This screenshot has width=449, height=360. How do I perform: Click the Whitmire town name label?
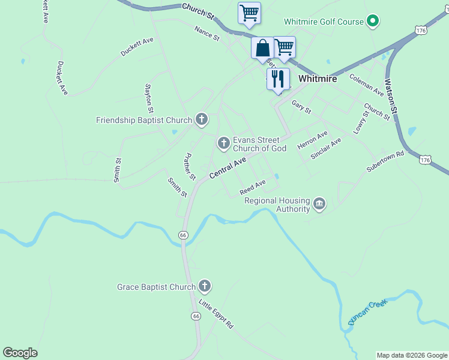point(318,79)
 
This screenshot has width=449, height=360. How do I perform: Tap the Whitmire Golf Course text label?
point(324,22)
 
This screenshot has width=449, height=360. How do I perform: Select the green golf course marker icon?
point(373,22)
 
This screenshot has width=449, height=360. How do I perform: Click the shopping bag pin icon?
point(262,48)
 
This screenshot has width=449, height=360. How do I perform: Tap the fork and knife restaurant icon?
point(277,79)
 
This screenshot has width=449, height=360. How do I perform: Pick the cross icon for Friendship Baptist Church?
point(201,120)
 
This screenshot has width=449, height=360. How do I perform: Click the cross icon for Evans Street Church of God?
point(223,143)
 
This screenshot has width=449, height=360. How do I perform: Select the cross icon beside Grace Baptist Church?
point(205,287)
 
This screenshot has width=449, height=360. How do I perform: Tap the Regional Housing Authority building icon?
point(319,205)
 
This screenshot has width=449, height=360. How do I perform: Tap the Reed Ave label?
point(252,187)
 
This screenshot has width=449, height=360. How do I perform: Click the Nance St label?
point(207,32)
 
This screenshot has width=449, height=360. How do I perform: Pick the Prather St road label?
point(189,166)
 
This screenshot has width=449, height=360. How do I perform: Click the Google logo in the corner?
point(20,353)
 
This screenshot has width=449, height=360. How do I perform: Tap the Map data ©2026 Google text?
point(412,355)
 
